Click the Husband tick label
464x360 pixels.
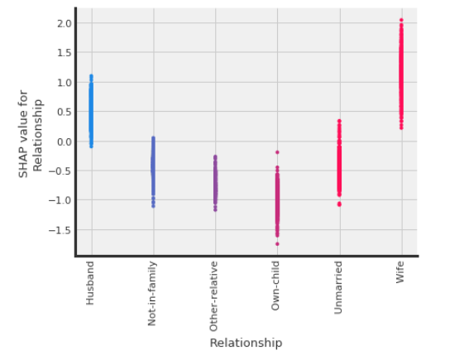point(91,283)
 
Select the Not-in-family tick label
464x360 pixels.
point(153,294)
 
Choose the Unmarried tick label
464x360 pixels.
point(339,287)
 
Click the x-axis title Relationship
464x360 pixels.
point(246,343)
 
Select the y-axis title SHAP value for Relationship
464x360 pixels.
point(31,133)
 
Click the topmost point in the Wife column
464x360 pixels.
point(401,20)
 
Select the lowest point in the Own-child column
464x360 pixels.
point(277,243)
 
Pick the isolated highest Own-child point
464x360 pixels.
point(277,152)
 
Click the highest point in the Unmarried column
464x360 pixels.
point(339,121)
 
